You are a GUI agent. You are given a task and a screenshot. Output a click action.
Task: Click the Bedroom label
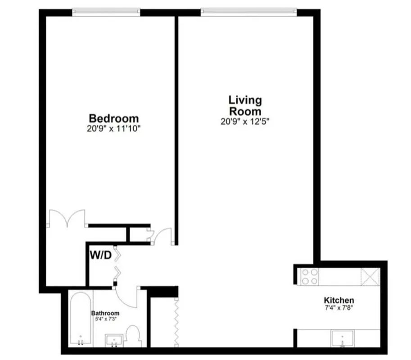[114, 119]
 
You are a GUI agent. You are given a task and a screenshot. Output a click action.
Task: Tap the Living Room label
[245, 105]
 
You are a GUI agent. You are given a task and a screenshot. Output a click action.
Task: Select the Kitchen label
[339, 300]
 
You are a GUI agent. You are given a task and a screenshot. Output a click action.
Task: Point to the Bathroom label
[105, 313]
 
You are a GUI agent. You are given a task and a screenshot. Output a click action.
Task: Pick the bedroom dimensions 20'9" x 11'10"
[114, 129]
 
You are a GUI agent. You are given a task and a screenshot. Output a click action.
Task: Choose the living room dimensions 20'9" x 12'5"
[245, 121]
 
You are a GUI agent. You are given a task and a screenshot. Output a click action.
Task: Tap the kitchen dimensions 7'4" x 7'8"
[339, 308]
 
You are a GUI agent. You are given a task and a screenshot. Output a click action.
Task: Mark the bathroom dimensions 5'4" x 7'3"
[105, 319]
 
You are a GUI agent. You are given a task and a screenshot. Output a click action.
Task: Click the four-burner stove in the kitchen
[309, 276]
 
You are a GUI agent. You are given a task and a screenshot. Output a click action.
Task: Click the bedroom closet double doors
[67, 219]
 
